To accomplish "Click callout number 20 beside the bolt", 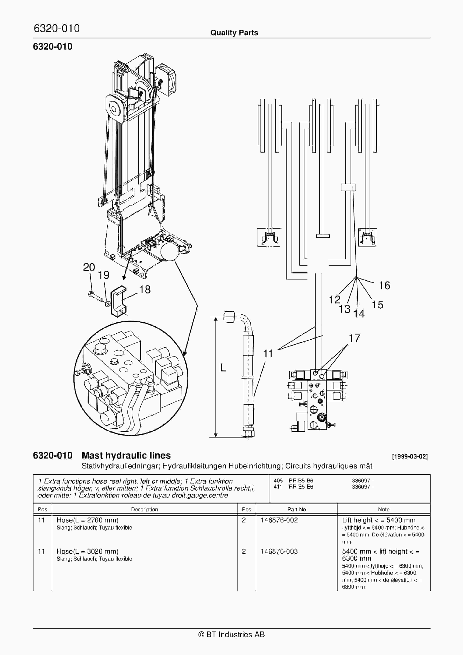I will click(89, 267).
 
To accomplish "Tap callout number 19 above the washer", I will click(103, 275).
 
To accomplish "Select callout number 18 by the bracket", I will click(145, 290).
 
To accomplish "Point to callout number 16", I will click(384, 285).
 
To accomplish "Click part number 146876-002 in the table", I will click(279, 520).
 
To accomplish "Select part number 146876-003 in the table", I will click(279, 551).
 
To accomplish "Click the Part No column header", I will click(296, 510).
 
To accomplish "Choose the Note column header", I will click(383, 510).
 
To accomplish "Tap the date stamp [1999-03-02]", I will click(410, 456).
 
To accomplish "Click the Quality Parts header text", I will click(234, 33).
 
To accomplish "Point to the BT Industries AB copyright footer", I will click(231, 635).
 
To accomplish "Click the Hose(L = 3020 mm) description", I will click(87, 551).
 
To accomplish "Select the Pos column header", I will click(42, 510).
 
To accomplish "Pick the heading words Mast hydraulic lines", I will click(126, 456).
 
